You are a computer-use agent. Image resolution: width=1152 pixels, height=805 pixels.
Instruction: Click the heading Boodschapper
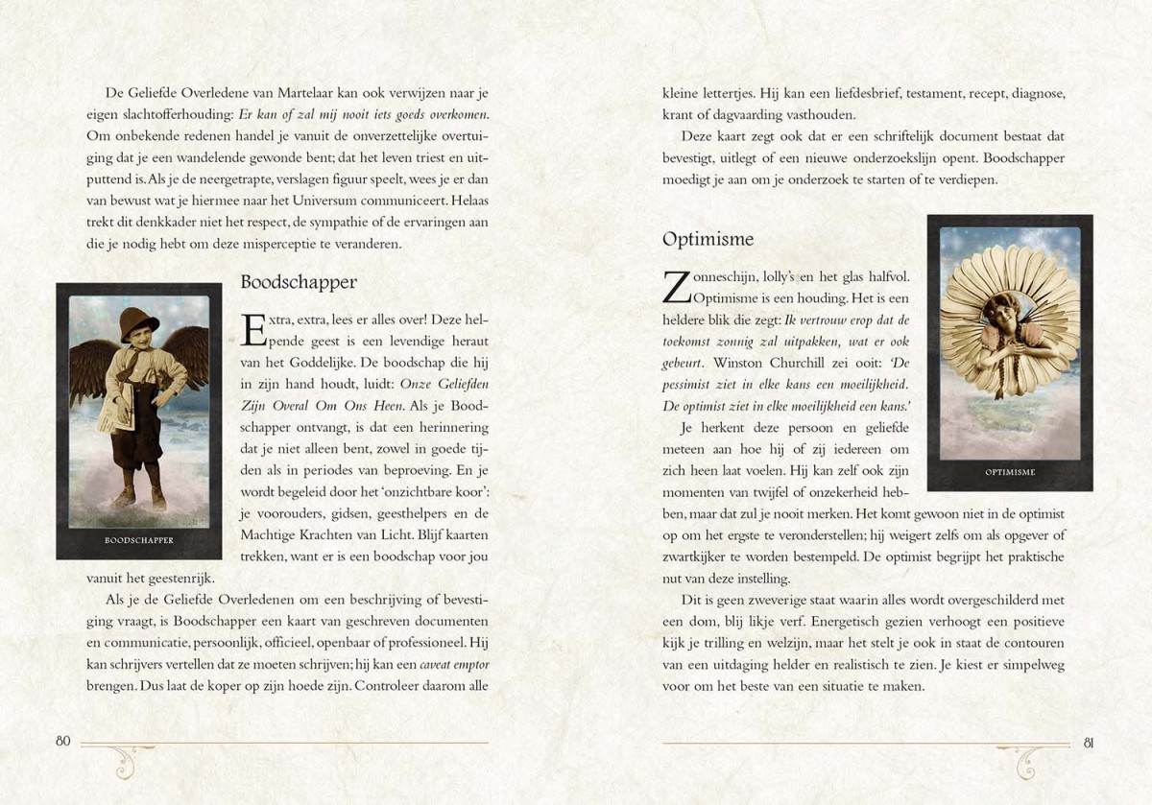pyautogui.click(x=299, y=283)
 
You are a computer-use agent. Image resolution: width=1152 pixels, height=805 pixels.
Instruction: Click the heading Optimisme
pyautogui.click(x=708, y=239)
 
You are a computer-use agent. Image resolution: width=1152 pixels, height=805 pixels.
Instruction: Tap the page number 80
pyautogui.click(x=64, y=741)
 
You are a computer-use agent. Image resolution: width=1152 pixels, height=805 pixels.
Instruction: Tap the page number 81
pyautogui.click(x=1089, y=742)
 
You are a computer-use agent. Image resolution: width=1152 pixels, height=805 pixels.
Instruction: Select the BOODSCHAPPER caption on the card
pyautogui.click(x=139, y=540)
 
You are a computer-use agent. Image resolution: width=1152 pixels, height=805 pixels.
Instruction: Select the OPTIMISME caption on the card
pyautogui.click(x=1010, y=472)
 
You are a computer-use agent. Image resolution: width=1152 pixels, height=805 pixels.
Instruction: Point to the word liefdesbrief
pyautogui.click(x=833, y=93)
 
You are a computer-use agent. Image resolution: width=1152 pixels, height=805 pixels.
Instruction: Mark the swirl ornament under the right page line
pyautogui.click(x=1029, y=762)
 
